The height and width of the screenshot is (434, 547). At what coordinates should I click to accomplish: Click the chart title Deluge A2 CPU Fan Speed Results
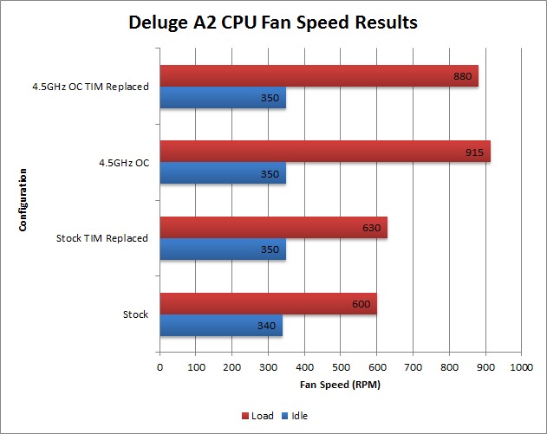click(x=273, y=22)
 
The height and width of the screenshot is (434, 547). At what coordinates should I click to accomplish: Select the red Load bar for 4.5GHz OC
click(x=325, y=152)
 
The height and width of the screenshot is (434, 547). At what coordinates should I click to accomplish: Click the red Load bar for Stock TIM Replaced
click(x=273, y=228)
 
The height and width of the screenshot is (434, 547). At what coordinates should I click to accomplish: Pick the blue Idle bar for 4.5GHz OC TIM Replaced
click(x=223, y=98)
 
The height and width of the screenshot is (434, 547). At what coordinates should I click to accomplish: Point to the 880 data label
click(x=462, y=76)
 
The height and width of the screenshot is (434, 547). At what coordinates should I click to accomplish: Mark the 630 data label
click(x=371, y=229)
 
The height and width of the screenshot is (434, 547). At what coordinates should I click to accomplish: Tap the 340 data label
click(x=267, y=327)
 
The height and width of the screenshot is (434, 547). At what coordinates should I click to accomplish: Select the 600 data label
click(x=361, y=304)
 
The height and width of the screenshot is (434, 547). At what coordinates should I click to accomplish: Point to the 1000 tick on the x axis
click(x=521, y=368)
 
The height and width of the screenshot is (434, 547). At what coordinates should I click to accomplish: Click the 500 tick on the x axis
click(x=341, y=368)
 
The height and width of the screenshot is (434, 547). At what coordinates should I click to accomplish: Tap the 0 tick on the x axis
click(x=160, y=368)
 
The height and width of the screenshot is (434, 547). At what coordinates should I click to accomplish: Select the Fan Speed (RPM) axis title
click(x=340, y=384)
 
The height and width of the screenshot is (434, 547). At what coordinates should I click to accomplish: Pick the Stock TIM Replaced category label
click(x=101, y=238)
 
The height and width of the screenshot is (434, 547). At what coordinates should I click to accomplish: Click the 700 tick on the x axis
click(x=413, y=368)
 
